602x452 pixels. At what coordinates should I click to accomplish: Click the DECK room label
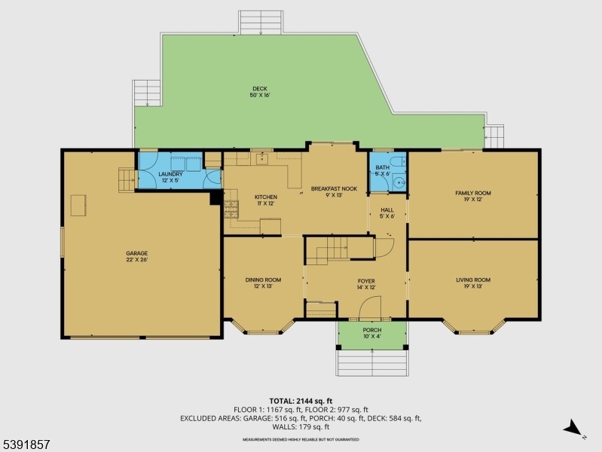[259, 92]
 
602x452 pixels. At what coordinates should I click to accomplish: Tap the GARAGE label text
[136, 256]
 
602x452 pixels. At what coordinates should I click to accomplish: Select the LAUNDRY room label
[170, 177]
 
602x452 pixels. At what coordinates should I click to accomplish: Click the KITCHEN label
[245, 200]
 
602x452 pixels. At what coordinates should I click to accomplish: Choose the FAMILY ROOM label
[472, 196]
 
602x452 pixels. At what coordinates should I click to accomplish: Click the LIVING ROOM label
[472, 283]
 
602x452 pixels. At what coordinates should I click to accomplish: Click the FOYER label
[366, 283]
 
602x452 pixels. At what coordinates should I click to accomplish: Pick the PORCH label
[372, 333]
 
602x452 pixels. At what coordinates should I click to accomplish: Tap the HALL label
[387, 213]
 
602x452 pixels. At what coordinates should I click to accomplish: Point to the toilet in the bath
[399, 160]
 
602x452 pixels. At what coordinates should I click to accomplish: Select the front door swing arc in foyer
[370, 307]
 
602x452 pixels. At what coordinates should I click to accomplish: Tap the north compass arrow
[575, 428]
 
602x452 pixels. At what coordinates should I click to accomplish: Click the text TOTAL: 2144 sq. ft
[301, 401]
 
